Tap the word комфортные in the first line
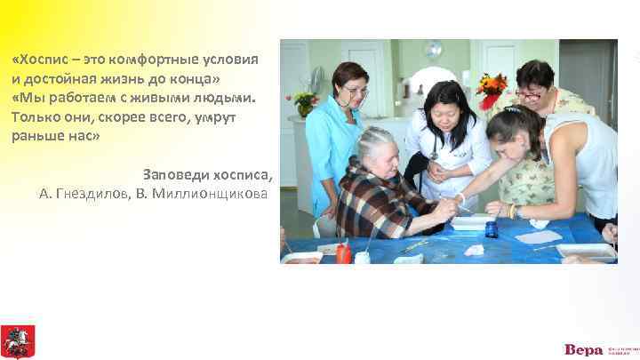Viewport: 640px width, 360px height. [156, 59]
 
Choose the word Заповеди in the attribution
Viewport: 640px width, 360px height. [174, 172]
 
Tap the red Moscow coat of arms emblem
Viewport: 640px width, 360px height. [17, 341]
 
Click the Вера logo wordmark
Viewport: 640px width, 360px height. [582, 348]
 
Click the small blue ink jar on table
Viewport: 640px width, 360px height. [491, 229]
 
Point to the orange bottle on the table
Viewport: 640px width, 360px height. [342, 252]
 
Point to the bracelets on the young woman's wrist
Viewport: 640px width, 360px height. [513, 211]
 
